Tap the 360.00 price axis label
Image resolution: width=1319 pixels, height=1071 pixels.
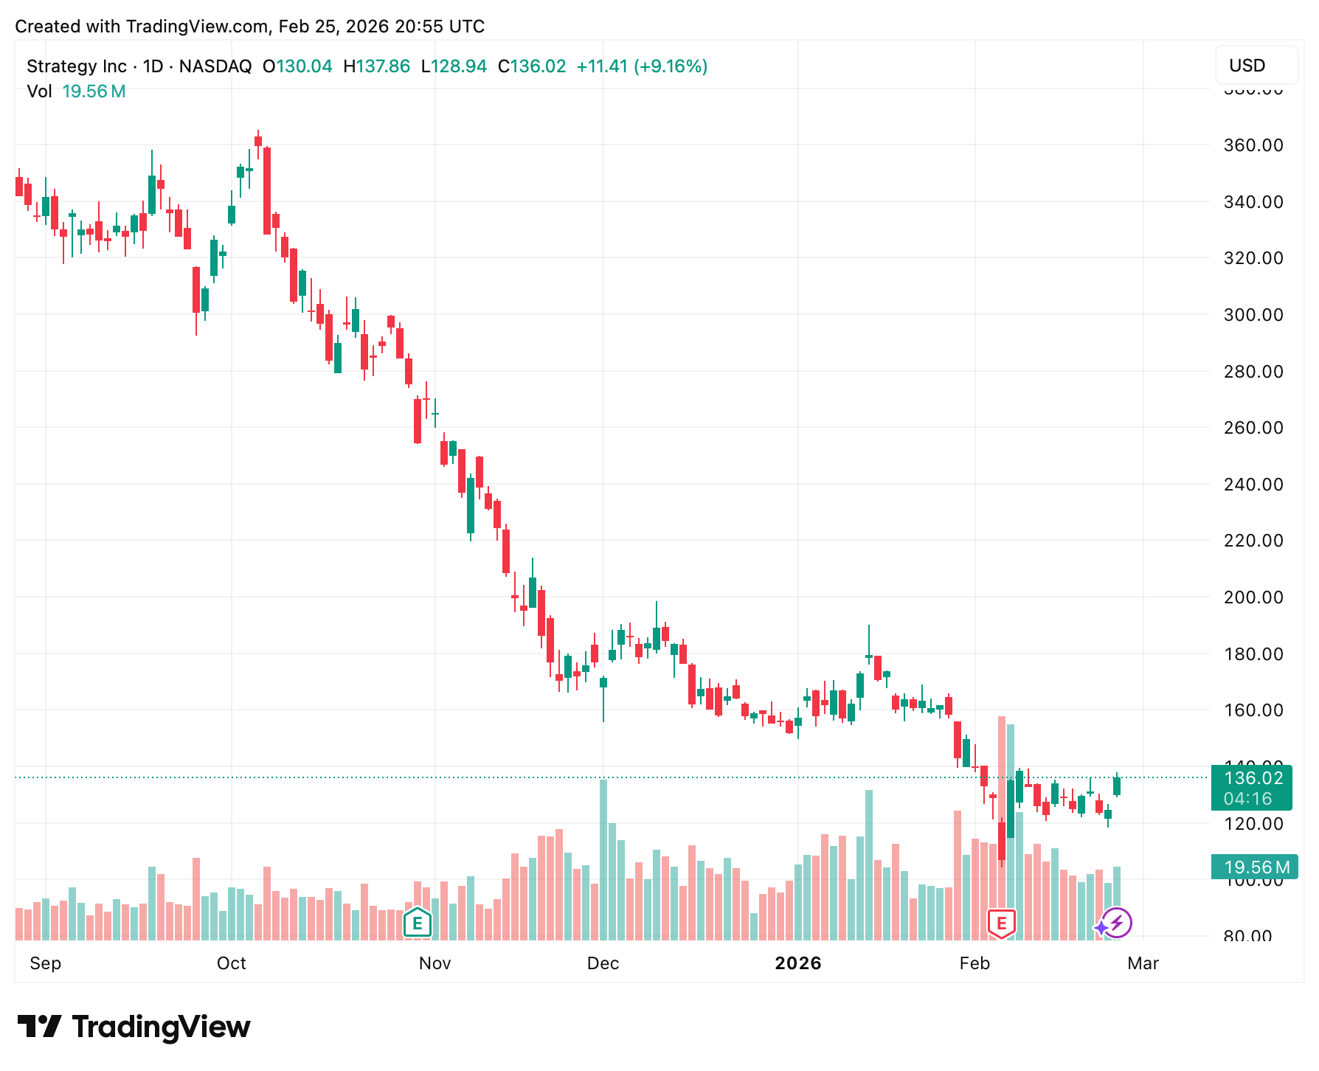click(x=1253, y=145)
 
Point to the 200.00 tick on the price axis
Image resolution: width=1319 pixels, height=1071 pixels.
click(x=1253, y=597)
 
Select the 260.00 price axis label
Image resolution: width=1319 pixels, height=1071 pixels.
click(x=1253, y=428)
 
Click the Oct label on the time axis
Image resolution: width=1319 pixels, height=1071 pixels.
click(x=232, y=963)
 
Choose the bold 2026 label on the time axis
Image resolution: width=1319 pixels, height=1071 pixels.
click(x=798, y=963)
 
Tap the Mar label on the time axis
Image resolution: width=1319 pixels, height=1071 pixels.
click(x=1143, y=963)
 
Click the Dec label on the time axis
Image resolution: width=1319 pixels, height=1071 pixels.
click(x=603, y=963)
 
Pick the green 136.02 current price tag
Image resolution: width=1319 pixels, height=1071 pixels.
click(x=1252, y=788)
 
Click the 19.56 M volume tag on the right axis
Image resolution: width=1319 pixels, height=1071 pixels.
click(x=1255, y=867)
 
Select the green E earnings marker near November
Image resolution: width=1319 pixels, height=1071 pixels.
click(x=418, y=922)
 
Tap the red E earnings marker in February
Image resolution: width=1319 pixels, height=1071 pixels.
click(x=1001, y=923)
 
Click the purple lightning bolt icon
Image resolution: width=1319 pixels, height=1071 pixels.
click(x=1117, y=922)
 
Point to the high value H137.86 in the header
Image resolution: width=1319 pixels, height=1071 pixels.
click(x=376, y=66)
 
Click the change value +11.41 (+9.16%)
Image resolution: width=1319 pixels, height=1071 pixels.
click(x=642, y=66)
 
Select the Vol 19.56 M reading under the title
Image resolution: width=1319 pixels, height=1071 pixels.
click(x=76, y=91)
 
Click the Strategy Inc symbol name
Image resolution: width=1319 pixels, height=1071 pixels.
click(x=77, y=66)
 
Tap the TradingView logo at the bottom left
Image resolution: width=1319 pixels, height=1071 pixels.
click(x=134, y=1027)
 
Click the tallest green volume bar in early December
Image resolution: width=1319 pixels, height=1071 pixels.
click(x=603, y=859)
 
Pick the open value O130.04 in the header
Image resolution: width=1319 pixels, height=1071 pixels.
click(x=297, y=66)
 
